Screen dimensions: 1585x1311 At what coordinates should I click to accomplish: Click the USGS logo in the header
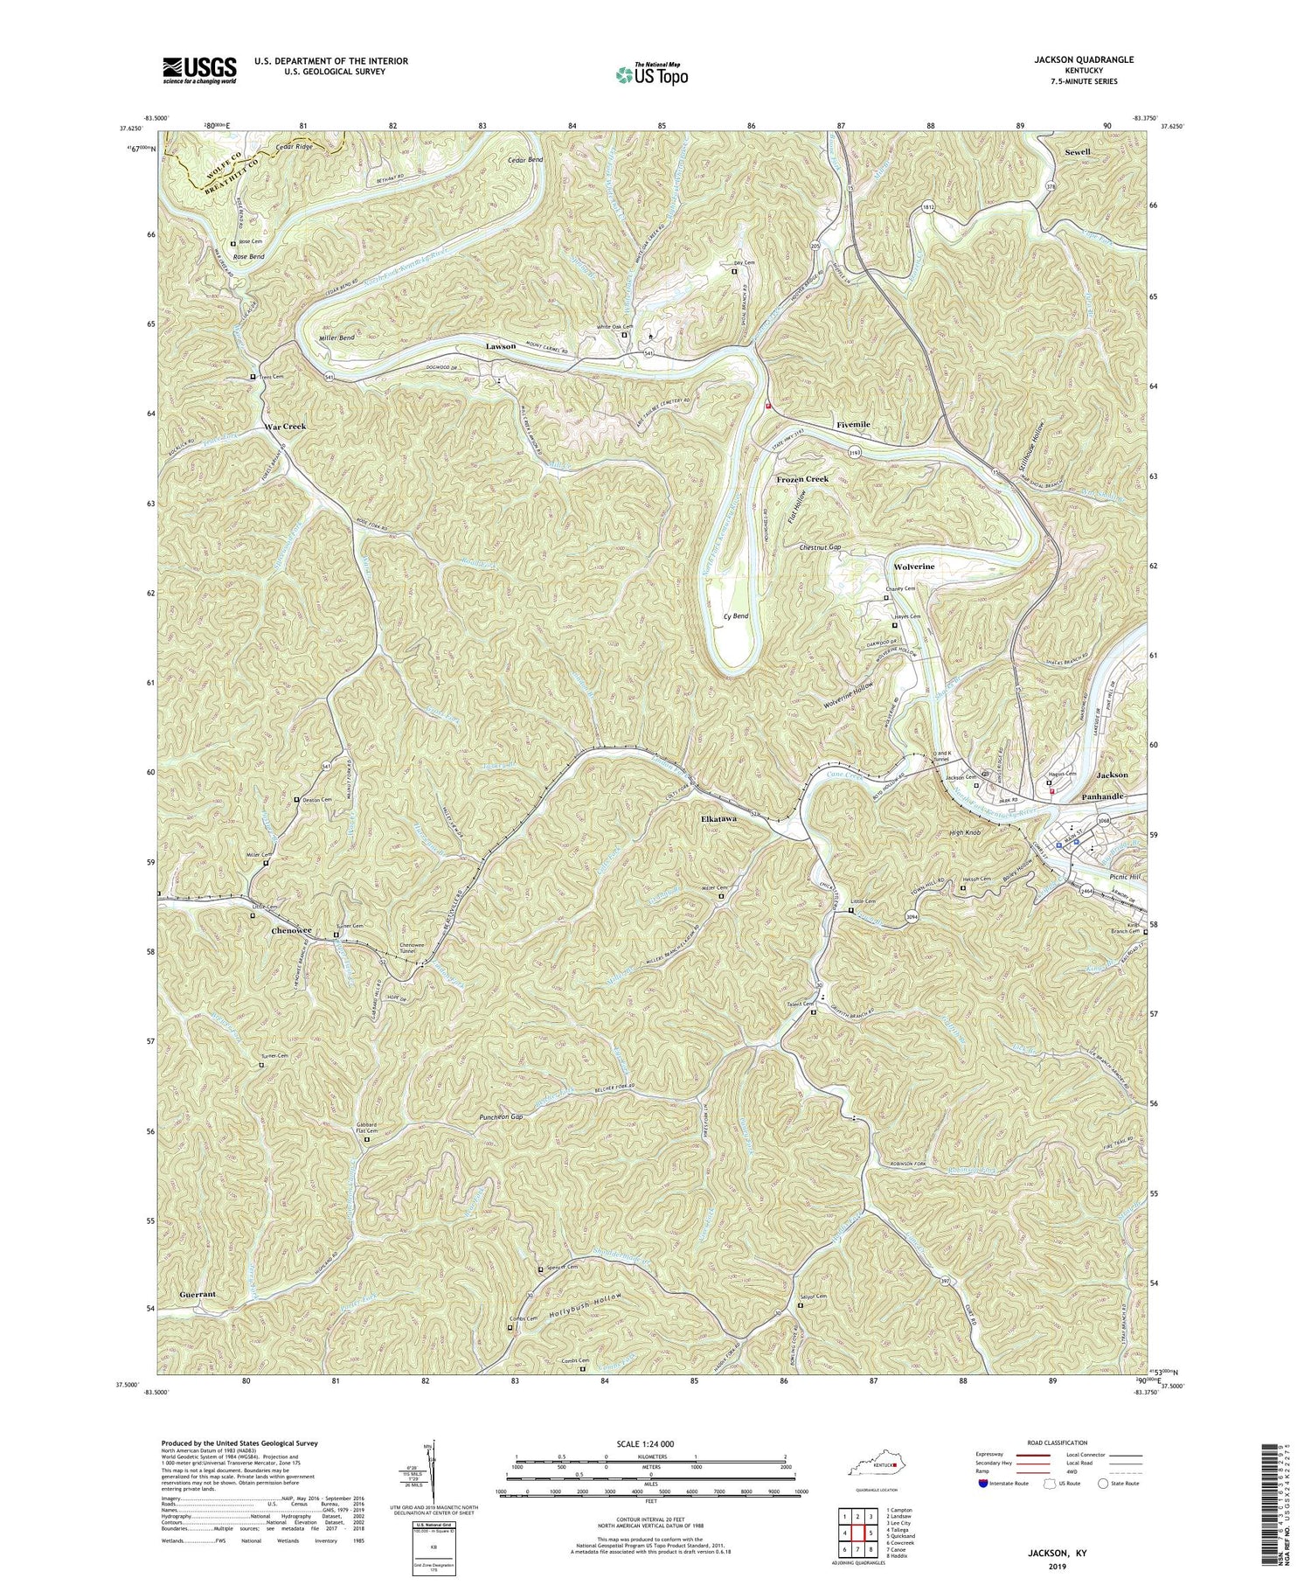coord(199,70)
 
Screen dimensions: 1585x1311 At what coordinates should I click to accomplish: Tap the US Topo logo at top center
coord(652,74)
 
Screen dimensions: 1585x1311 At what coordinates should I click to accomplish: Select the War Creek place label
coord(285,427)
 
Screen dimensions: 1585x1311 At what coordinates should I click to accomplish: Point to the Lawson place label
coord(501,347)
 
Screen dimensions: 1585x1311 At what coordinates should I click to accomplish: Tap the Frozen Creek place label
coord(802,479)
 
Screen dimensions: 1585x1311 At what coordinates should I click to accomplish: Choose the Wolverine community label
coord(914,567)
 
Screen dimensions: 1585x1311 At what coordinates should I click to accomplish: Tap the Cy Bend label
coord(736,616)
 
